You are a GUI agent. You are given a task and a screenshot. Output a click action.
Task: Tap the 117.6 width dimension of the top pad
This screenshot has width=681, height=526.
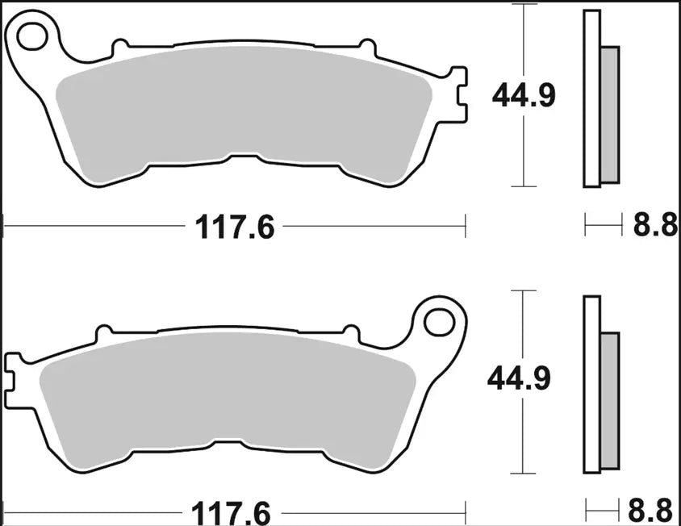235,228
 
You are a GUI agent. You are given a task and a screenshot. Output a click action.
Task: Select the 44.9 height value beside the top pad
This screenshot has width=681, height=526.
525,97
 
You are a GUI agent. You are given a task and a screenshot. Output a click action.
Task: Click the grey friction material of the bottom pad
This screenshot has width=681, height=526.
226,395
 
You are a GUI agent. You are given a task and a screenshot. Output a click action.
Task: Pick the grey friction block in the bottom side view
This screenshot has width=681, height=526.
610,399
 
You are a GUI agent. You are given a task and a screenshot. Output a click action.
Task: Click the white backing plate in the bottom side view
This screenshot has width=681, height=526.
591,384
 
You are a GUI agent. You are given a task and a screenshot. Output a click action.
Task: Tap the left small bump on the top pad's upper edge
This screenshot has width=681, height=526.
120,47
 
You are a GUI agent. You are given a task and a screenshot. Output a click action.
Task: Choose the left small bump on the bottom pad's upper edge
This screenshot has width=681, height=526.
102,332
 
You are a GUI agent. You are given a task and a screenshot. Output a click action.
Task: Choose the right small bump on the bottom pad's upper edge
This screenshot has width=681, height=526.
350,332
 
